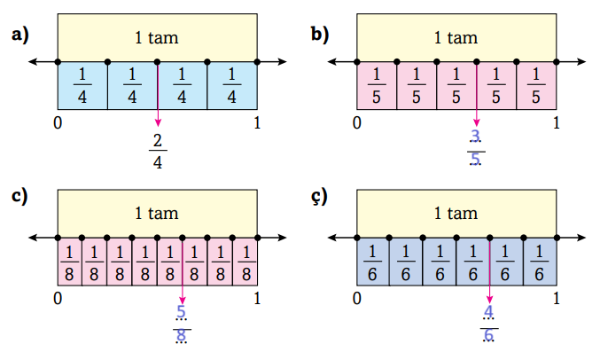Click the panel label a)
click(19, 35)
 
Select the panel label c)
click(19, 196)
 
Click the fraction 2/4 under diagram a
click(159, 150)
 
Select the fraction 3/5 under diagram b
click(476, 147)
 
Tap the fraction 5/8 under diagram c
click(182, 323)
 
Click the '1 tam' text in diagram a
click(157, 37)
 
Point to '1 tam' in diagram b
click(456, 37)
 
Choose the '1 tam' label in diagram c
click(157, 213)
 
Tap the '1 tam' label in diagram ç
click(456, 213)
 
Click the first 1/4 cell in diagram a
click(82, 86)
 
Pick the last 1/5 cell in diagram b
click(536, 86)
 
